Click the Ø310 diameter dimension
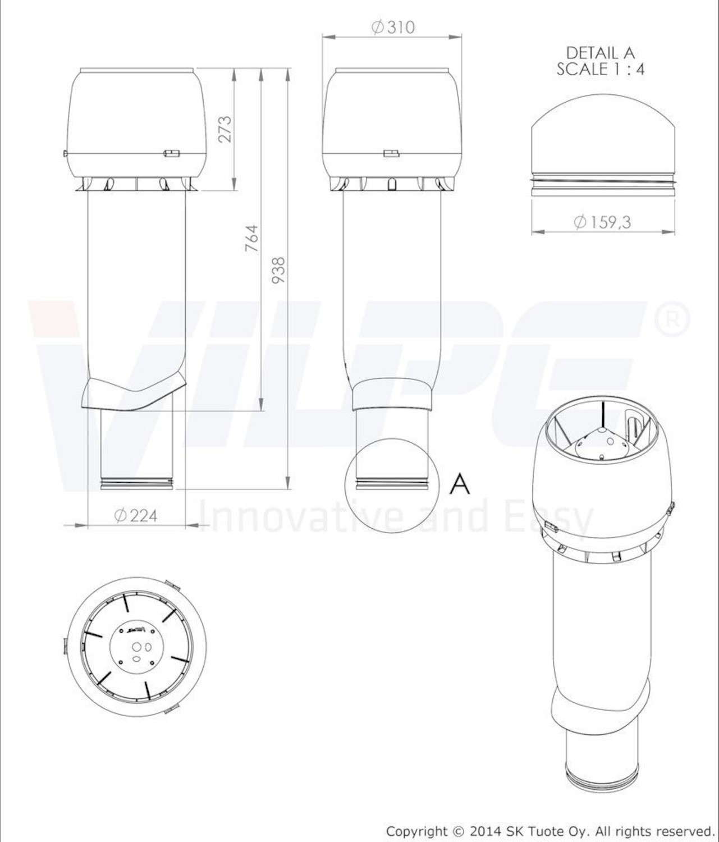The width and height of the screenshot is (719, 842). (393, 28)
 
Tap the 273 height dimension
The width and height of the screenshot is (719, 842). (225, 129)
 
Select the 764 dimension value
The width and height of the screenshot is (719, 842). (252, 238)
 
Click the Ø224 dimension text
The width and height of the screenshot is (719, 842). (136, 516)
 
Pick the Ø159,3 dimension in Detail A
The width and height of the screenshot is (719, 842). (602, 222)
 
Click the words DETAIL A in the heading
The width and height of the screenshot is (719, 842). (601, 53)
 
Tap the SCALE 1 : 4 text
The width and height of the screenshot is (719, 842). (601, 69)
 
